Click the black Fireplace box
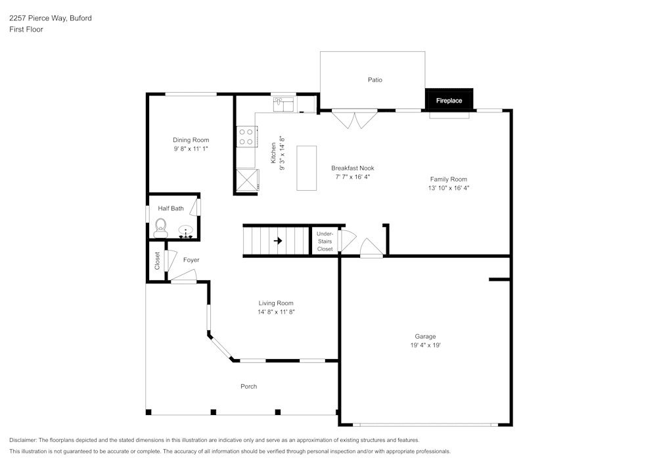click(x=449, y=100)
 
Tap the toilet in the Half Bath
click(x=160, y=230)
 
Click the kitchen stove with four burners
click(x=246, y=137)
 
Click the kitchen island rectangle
click(x=306, y=168)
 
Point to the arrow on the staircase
click(x=277, y=241)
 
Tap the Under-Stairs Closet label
click(x=325, y=241)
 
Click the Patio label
click(x=374, y=80)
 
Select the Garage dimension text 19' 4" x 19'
click(x=425, y=345)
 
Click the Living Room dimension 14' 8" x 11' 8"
click(x=276, y=312)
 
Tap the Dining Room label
click(x=191, y=140)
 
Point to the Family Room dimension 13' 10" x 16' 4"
click(x=449, y=188)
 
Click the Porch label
click(x=248, y=386)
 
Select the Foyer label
click(x=191, y=260)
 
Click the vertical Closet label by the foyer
click(x=157, y=261)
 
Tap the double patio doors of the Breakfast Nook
click(x=355, y=119)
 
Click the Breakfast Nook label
click(x=352, y=168)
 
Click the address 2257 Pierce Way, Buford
click(x=51, y=18)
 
